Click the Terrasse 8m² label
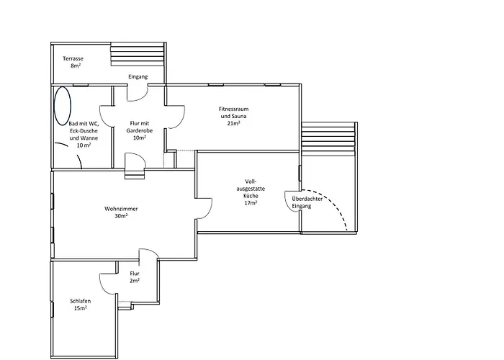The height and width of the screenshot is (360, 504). tap(72, 62)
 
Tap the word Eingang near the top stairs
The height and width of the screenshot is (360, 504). tap(138, 76)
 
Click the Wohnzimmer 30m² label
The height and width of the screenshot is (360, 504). tap(121, 212)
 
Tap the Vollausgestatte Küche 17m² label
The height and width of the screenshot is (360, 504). tap(251, 192)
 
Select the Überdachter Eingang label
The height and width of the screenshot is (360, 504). tap(302, 202)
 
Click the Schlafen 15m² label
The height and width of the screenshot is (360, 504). tap(79, 304)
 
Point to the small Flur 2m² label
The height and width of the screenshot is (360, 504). tap(135, 277)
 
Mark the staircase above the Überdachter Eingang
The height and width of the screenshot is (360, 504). tap(328, 142)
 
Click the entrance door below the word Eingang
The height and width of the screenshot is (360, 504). tap(138, 92)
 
